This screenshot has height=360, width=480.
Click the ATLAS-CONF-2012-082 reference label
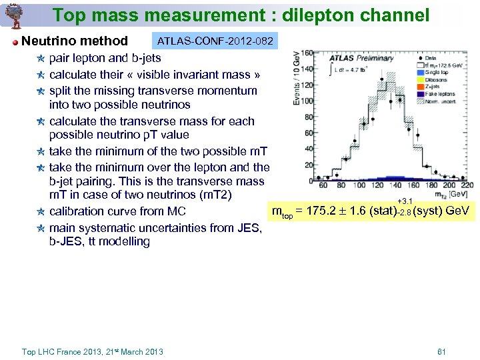215,42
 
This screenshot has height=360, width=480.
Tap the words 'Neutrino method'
75,41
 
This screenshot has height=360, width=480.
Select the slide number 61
441,351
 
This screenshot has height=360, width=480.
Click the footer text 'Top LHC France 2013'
67,351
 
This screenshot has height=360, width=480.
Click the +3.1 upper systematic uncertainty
405,201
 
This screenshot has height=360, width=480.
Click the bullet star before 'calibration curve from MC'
41,211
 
